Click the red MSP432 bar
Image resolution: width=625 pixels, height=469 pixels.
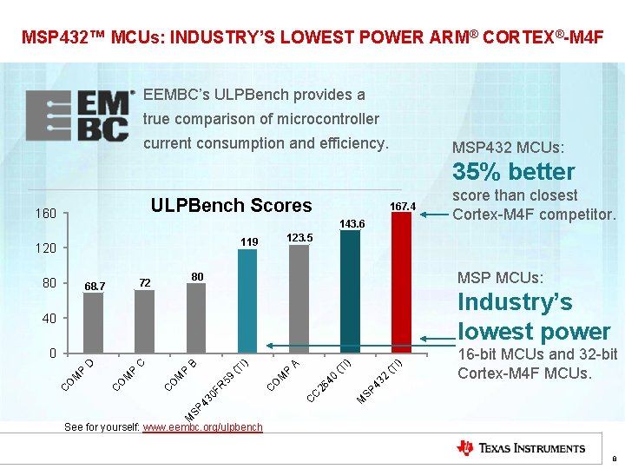(x=401, y=282)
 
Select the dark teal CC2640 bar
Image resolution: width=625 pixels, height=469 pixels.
(x=350, y=291)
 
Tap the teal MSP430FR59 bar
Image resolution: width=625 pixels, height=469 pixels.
(x=247, y=301)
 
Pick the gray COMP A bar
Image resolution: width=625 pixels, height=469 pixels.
(x=299, y=299)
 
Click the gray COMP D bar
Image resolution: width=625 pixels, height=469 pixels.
(x=93, y=322)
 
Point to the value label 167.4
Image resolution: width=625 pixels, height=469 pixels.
(x=404, y=206)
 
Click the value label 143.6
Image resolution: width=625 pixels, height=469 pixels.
(x=352, y=224)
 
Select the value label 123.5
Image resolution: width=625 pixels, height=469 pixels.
(x=299, y=237)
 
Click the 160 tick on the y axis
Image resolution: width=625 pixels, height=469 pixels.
(x=46, y=214)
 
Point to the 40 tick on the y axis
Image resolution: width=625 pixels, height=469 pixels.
(x=49, y=319)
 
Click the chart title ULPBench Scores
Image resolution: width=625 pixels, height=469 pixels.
(x=231, y=206)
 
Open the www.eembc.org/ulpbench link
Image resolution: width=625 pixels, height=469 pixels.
(x=202, y=427)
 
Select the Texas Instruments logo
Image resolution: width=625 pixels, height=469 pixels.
(x=521, y=448)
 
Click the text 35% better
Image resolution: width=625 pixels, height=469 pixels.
(x=514, y=171)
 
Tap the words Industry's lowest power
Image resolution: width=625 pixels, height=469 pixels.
(x=533, y=317)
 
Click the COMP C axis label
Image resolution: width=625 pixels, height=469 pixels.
(x=130, y=369)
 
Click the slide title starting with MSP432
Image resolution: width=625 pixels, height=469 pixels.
(x=312, y=37)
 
